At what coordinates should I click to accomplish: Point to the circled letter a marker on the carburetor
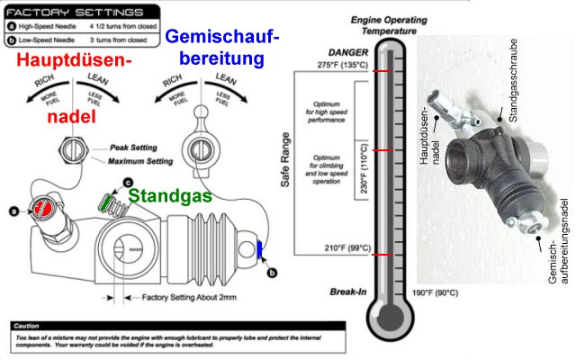coord(13,211)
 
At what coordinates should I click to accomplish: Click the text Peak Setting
coord(132,147)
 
